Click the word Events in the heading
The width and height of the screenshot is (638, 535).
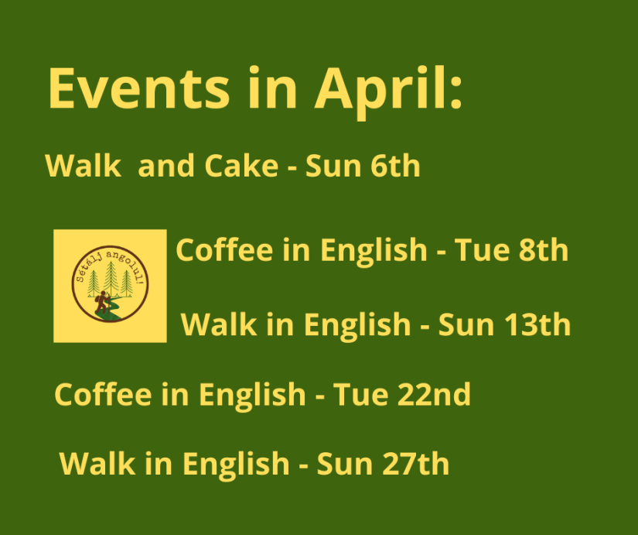139,88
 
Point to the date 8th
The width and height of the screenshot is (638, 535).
543,249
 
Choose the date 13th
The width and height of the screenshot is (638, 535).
537,324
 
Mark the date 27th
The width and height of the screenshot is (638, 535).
416,463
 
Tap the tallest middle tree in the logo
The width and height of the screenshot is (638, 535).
111,278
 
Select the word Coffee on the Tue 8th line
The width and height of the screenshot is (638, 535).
224,249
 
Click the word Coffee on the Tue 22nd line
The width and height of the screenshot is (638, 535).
103,394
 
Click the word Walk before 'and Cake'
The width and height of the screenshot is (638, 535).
83,166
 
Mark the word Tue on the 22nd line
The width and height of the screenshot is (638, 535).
360,394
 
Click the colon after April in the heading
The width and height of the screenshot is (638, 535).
456,92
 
